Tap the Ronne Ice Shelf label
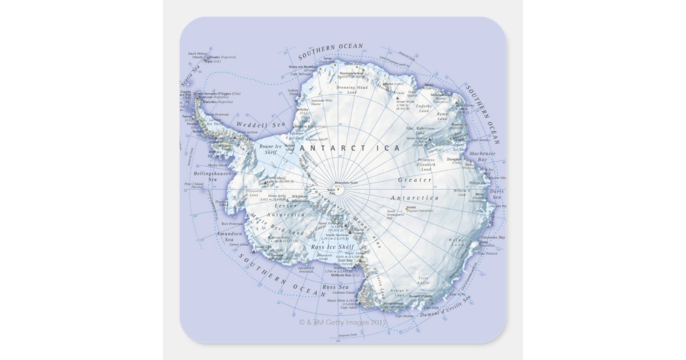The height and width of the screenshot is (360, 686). tap(268, 149)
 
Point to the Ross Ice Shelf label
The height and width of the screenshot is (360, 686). tap(333, 247)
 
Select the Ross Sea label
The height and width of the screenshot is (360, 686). tap(336, 287)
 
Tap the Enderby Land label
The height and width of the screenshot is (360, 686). tap(424, 109)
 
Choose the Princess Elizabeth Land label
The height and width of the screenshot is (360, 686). tap(426, 165)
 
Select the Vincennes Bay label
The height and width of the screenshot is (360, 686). tap(493, 237)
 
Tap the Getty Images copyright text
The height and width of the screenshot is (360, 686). tap(343, 322)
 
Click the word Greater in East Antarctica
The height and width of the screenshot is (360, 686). tap(415, 180)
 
